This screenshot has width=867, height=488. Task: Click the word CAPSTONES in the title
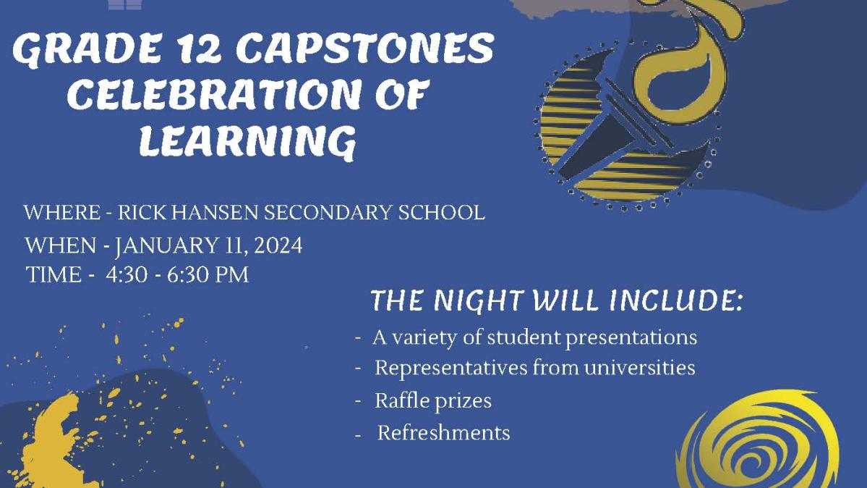365,49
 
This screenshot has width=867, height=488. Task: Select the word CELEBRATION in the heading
215,94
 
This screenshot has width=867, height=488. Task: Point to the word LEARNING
247,142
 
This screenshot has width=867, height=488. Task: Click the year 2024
278,245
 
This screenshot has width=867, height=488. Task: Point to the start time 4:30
127,274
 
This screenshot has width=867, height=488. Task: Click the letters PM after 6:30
232,274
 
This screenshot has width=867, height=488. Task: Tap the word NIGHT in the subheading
478,300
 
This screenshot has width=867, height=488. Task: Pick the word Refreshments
443,432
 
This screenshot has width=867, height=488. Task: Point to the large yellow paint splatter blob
53,443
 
